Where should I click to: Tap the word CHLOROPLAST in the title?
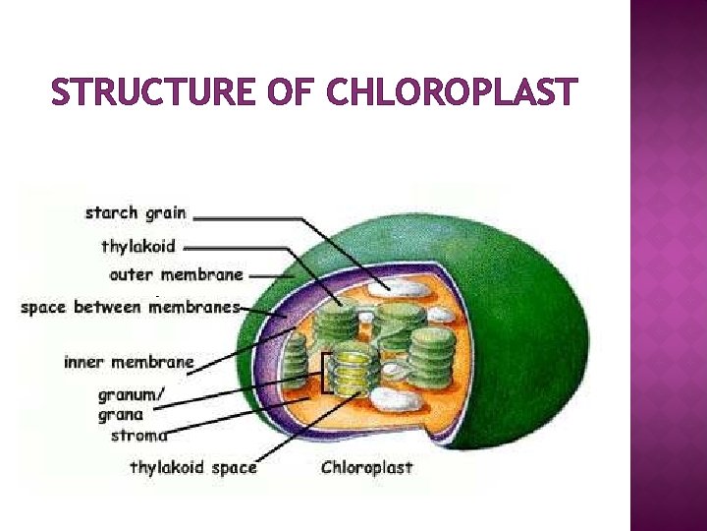[x=450, y=93]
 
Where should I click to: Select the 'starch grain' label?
[x=136, y=212]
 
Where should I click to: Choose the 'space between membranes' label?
[x=131, y=307]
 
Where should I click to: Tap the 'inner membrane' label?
[x=129, y=362]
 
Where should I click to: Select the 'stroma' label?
[x=138, y=435]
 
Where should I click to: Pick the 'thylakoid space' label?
[x=192, y=467]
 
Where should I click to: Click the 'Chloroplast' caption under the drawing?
[x=367, y=467]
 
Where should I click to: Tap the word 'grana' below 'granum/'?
[x=120, y=415]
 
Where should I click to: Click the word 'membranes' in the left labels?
[x=195, y=307]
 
